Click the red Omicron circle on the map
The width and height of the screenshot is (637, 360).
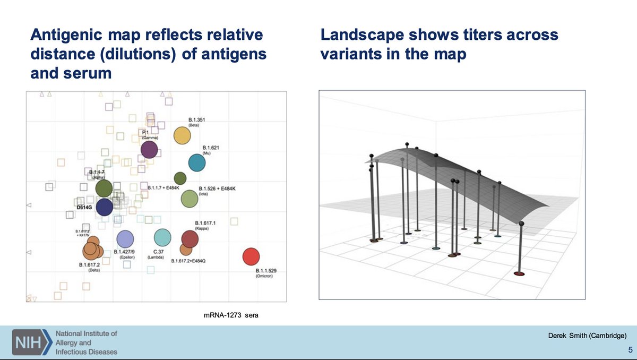coord(251,256)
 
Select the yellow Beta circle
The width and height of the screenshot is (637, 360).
coord(182,136)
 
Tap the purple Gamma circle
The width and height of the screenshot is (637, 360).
coord(149,150)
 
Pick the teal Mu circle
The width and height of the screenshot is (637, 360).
coord(197,163)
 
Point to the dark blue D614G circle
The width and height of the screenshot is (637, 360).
coord(104,207)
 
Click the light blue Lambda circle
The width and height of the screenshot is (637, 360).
coord(162,238)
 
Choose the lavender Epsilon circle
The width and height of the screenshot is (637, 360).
coord(125,239)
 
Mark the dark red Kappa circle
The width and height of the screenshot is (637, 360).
coord(190,239)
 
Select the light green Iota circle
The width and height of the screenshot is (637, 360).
coord(190,199)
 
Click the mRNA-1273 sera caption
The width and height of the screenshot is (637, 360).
coord(230,315)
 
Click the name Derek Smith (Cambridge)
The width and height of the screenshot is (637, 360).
coord(588,335)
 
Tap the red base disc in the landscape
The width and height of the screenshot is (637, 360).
coord(519,273)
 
